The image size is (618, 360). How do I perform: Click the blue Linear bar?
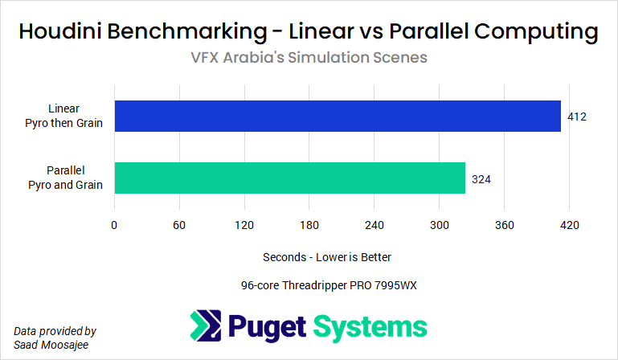(x=338, y=116)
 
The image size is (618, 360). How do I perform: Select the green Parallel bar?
(x=290, y=178)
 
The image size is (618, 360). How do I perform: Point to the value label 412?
(x=577, y=117)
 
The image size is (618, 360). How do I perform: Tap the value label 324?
(x=481, y=178)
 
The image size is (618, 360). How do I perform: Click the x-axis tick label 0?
(x=115, y=224)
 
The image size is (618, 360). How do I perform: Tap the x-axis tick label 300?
(x=439, y=224)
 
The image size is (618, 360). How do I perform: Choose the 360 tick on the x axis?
(x=504, y=224)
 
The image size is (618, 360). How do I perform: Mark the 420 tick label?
(x=569, y=224)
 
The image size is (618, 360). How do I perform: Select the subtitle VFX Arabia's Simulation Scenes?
(x=309, y=58)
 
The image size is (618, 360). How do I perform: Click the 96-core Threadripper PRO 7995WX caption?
(x=329, y=285)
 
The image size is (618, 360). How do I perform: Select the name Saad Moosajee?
(x=51, y=344)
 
